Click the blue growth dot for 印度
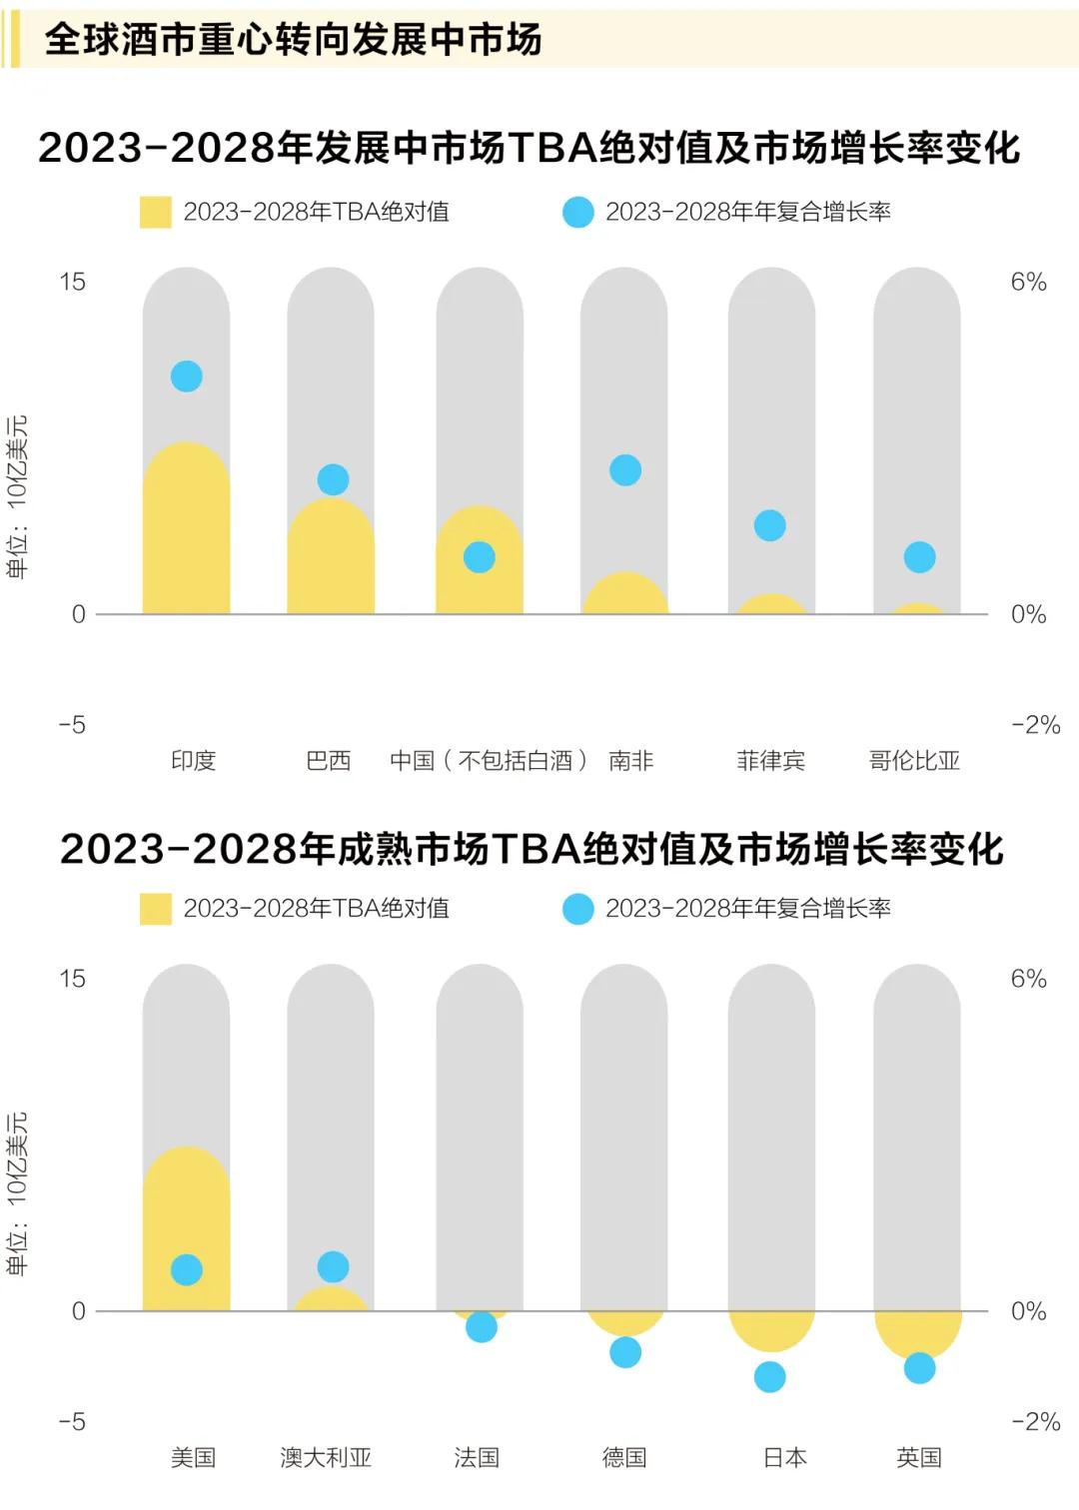187,377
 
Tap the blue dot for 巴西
333,479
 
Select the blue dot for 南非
625,470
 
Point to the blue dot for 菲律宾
770,525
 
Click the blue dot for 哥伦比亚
919,557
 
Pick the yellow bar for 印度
187,534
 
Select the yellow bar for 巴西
331,561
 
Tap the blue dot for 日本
770,1377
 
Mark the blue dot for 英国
919,1368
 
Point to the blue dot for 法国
482,1327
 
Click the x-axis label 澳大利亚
326,1457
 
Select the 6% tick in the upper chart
1028,283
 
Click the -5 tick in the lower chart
72,1421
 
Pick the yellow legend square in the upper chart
156,212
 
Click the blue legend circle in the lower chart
578,909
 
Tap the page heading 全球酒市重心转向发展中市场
293,40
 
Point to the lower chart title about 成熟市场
532,849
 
